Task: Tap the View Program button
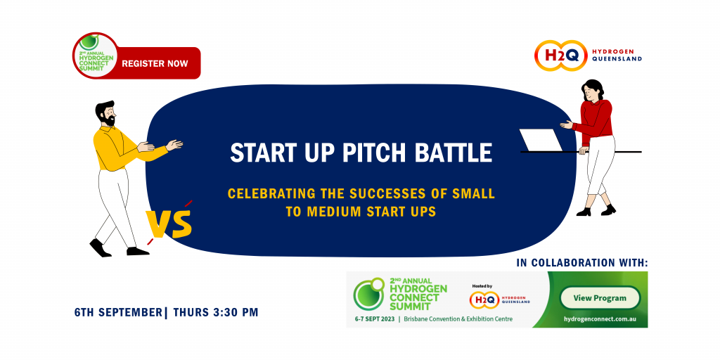(x=599, y=297)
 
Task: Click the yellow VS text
(x=169, y=224)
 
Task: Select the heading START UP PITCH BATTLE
(x=361, y=153)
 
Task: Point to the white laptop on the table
(x=541, y=140)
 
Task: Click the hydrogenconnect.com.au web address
(x=599, y=319)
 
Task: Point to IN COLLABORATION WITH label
(x=581, y=262)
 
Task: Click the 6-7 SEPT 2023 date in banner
(x=375, y=319)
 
